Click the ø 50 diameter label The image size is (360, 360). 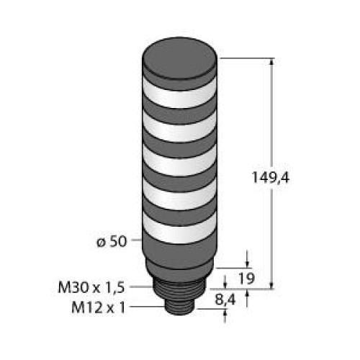pyautogui.click(x=114, y=242)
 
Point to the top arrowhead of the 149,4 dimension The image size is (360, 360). pyautogui.click(x=272, y=63)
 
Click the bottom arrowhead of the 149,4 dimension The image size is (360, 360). pyautogui.click(x=272, y=284)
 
